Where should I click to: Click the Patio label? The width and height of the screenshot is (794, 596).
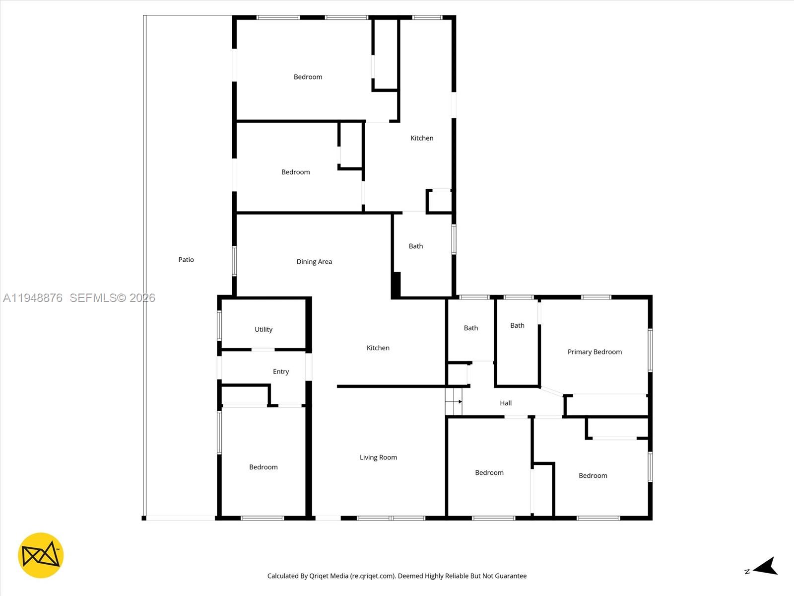click(x=186, y=260)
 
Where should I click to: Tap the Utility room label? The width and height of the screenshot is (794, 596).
click(x=264, y=329)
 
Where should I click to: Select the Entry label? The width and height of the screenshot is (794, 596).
click(x=281, y=372)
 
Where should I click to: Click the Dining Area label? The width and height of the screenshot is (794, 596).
click(x=314, y=262)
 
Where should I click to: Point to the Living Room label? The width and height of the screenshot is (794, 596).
click(x=378, y=457)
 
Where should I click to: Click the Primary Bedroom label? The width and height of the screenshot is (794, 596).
click(x=595, y=352)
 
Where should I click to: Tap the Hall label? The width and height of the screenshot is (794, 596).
click(x=506, y=403)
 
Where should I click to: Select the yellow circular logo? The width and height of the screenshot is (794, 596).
click(x=41, y=555)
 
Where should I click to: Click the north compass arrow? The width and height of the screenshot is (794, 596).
click(x=766, y=567)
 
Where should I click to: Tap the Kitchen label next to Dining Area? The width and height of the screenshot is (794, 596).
click(x=378, y=348)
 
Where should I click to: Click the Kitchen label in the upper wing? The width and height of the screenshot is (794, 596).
click(x=422, y=138)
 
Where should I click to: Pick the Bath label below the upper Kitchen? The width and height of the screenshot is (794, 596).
click(x=416, y=246)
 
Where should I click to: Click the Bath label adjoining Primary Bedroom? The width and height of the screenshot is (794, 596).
click(x=517, y=326)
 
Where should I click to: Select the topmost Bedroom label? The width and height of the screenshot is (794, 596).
click(x=308, y=77)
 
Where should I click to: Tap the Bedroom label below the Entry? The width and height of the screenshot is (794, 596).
click(x=263, y=467)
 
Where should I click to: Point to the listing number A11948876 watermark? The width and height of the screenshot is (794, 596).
click(x=33, y=298)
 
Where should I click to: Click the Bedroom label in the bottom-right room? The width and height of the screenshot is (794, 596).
click(x=593, y=476)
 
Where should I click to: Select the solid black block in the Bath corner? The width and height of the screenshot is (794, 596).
click(x=396, y=285)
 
